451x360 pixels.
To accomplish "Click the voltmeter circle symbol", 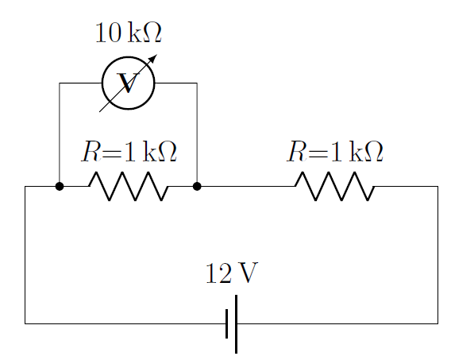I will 128,83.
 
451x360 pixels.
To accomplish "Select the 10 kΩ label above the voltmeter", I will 128,33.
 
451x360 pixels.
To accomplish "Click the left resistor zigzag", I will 128,187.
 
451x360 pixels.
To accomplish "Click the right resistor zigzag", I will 334,187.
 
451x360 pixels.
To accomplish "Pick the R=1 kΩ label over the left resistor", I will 128,152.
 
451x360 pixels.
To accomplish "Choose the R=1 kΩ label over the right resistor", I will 334,152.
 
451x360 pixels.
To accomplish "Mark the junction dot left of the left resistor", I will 60,187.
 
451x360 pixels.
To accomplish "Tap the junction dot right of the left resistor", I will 197,187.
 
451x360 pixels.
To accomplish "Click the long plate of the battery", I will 237,323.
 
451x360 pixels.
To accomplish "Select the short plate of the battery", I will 227,323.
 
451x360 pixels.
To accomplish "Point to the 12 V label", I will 231,273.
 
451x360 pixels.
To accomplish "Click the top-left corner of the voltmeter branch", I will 60,83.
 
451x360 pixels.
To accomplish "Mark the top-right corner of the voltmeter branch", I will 197,83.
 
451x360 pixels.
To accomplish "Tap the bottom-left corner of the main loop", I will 25,323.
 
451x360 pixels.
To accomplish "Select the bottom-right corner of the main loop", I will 438,323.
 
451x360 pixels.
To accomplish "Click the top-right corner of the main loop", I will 438,187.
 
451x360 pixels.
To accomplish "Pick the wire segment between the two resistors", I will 246,187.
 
